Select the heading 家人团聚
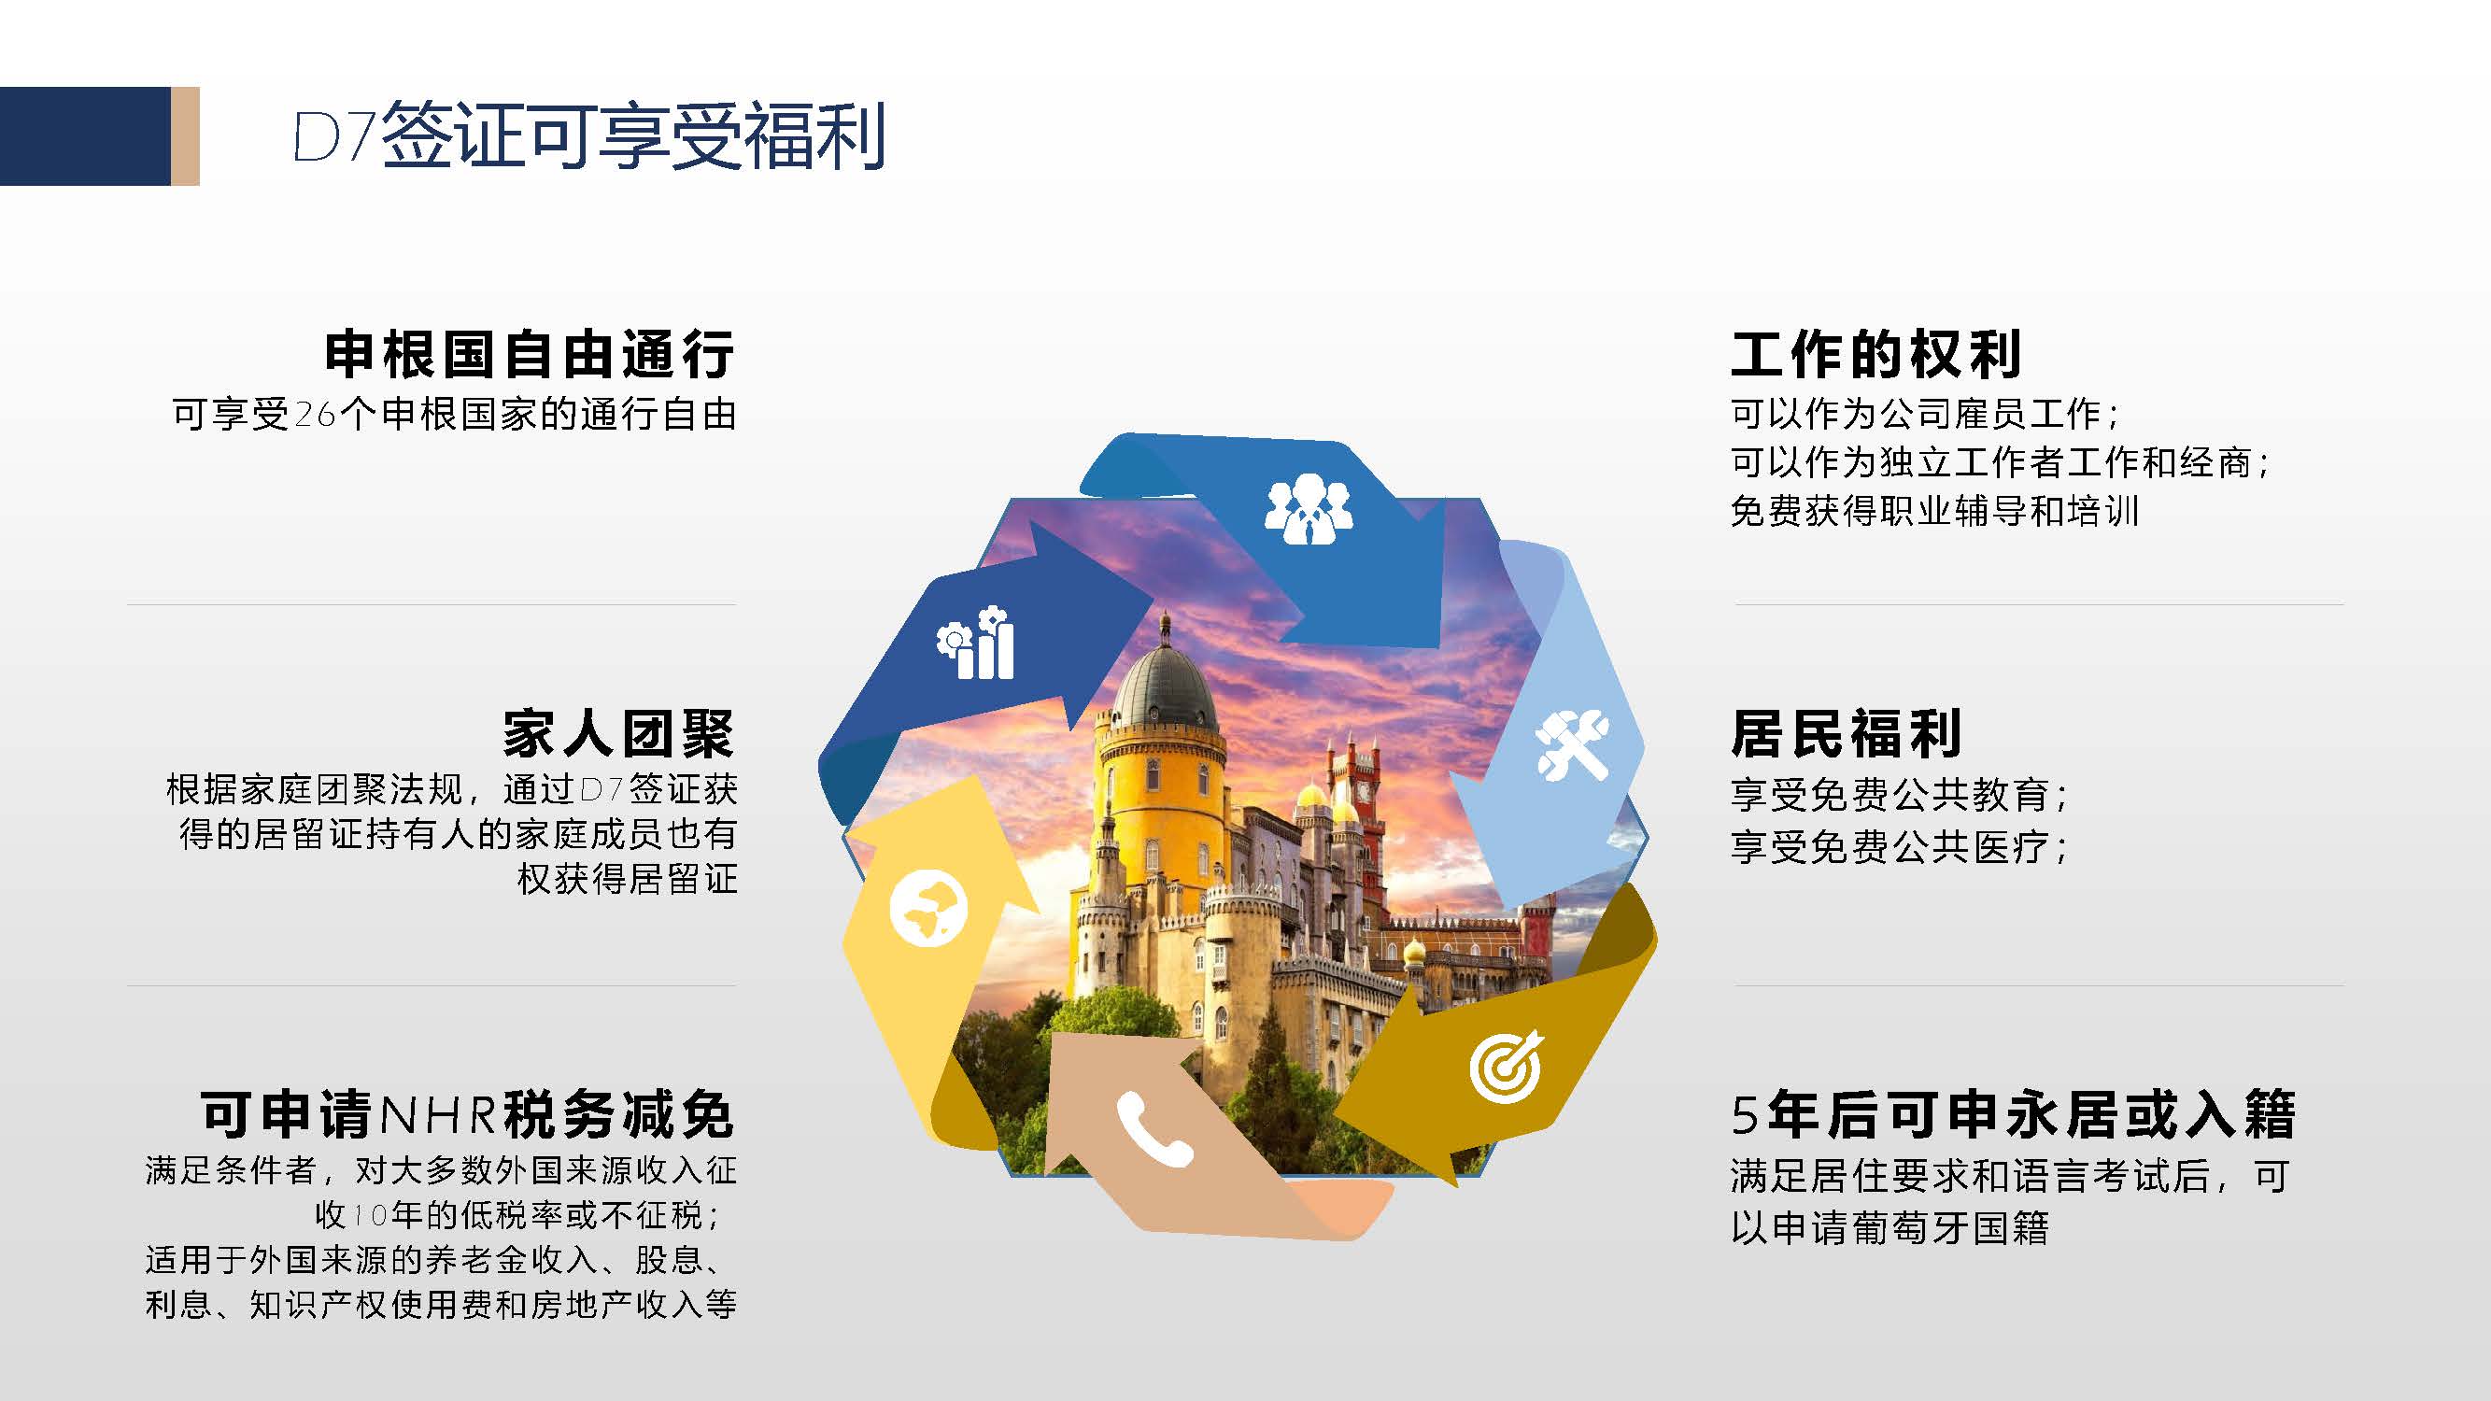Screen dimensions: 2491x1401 (x=619, y=734)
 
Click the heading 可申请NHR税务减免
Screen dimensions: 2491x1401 (x=467, y=1114)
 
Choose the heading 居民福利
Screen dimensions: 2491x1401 (x=1846, y=734)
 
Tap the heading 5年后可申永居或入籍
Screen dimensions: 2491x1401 (x=2014, y=1114)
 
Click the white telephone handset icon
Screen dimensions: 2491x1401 (x=1154, y=1128)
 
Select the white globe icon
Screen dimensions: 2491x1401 (x=928, y=909)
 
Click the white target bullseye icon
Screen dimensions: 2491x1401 (x=1506, y=1066)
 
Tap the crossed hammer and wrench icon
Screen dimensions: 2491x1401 (x=1572, y=745)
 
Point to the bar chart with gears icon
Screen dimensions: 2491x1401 (x=975, y=643)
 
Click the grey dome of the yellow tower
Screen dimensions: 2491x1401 (x=1165, y=687)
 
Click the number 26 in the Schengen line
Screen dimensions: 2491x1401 (x=314, y=415)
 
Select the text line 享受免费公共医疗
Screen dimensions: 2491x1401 (x=1899, y=848)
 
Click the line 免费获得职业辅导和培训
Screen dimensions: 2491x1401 (x=1934, y=512)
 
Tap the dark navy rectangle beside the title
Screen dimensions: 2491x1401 (x=85, y=136)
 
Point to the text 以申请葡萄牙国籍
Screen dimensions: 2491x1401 (x=1889, y=1228)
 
